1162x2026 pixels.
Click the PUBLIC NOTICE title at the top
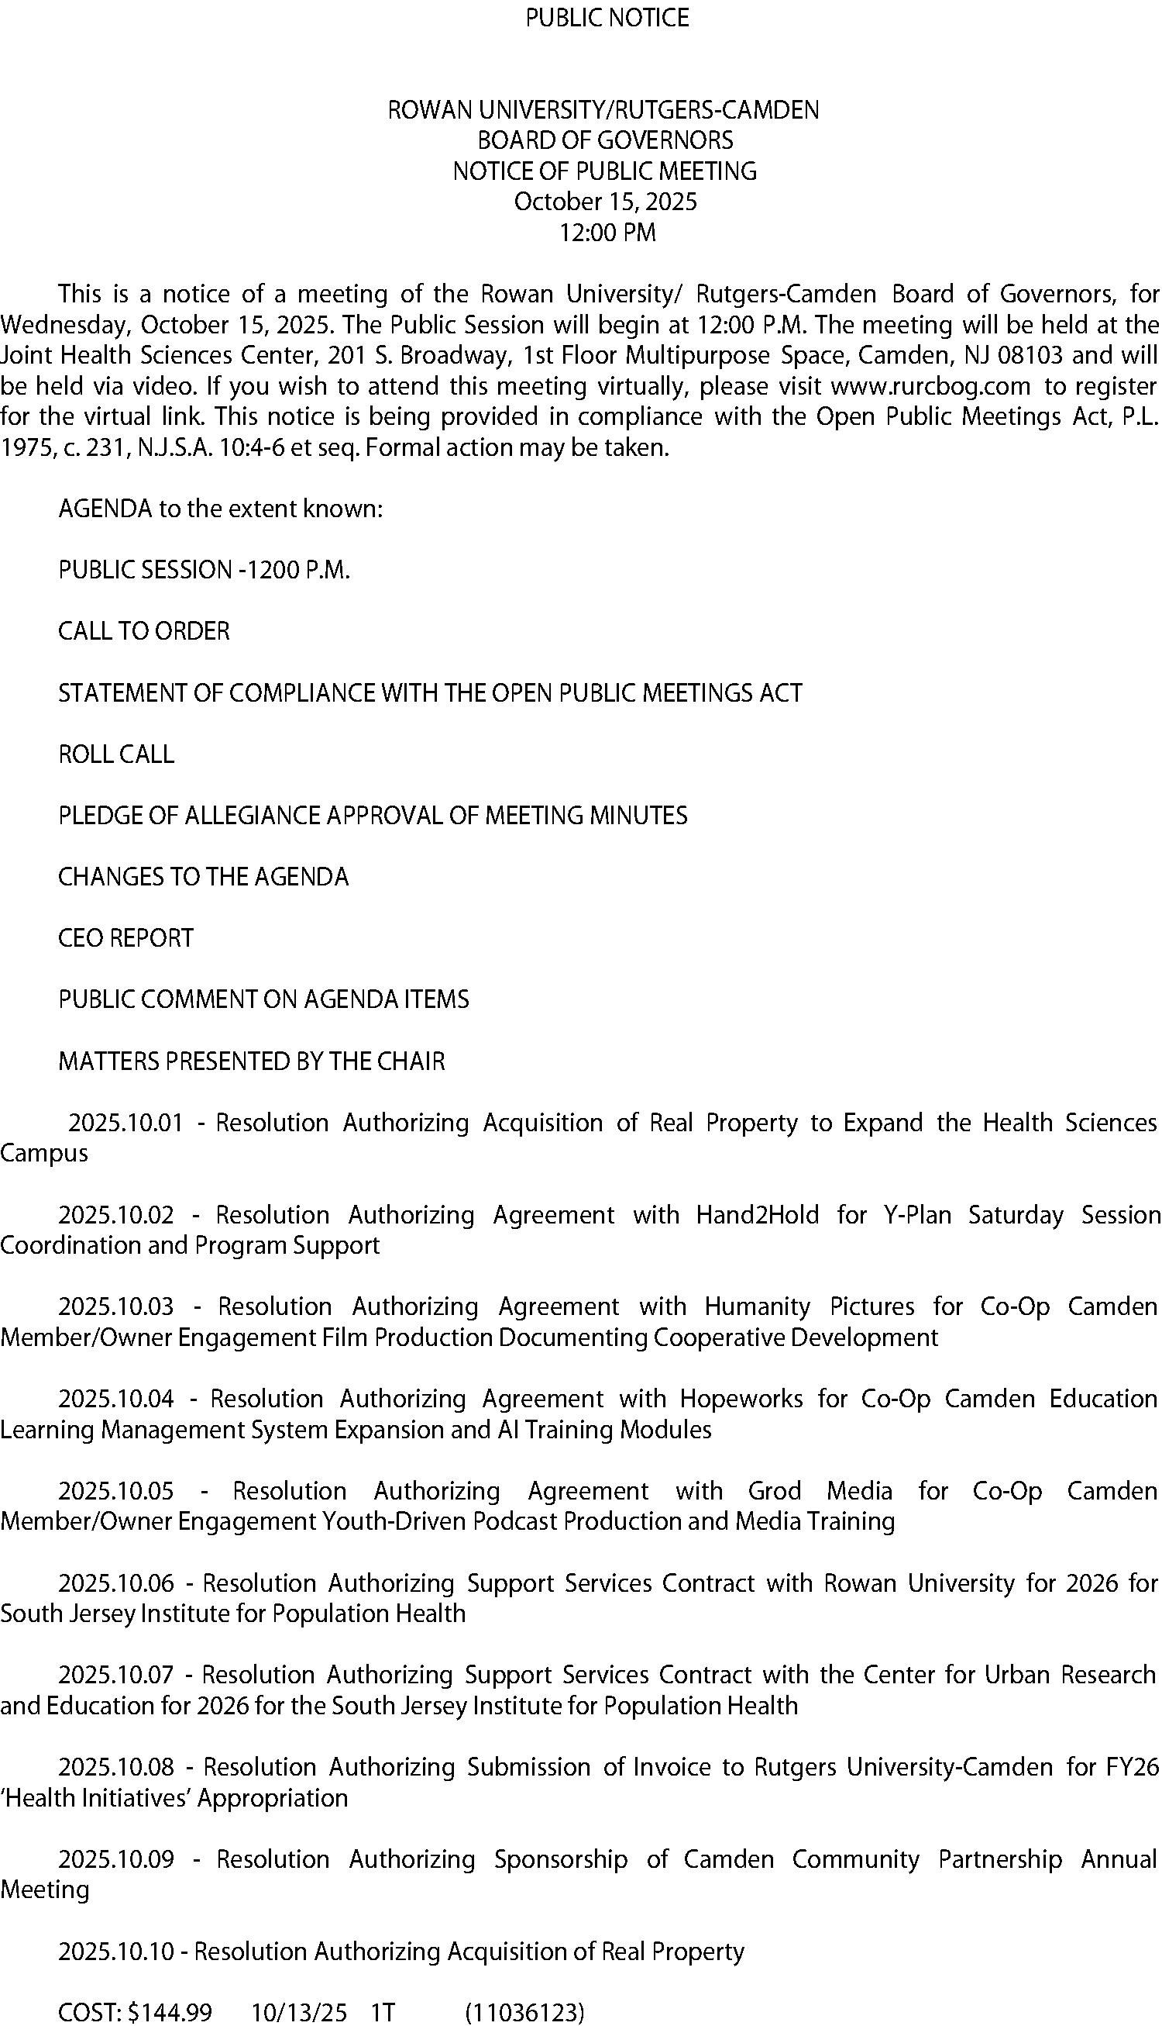pos(607,18)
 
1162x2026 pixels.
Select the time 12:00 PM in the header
pos(607,233)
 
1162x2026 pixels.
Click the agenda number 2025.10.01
pos(125,1123)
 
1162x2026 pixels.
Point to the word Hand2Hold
pos(758,1215)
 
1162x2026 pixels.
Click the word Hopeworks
pos(741,1398)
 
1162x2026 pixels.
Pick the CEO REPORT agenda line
pos(126,937)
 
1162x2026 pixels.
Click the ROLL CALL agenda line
pos(116,754)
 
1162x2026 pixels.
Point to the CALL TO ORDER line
pos(143,631)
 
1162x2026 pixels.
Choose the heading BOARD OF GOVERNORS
pos(605,140)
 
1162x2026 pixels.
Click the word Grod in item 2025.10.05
pos(774,1491)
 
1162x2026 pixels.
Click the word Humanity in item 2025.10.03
pos(758,1306)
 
